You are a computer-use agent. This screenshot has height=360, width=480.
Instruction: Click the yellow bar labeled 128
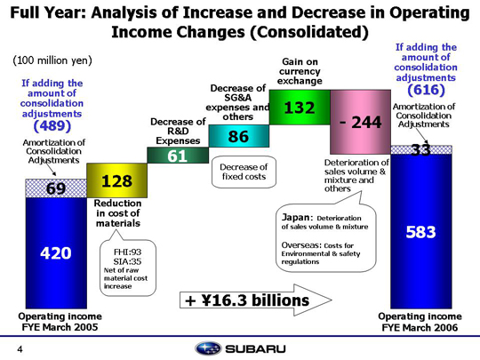(117, 180)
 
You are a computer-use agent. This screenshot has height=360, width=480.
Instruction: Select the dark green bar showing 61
(178, 156)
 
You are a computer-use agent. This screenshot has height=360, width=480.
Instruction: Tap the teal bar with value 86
(239, 136)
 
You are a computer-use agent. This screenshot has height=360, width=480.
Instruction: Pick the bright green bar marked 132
(300, 108)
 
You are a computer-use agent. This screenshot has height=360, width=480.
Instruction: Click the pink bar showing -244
(360, 122)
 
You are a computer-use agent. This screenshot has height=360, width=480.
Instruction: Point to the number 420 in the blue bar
(56, 253)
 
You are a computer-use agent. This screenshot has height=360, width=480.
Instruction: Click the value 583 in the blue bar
(420, 232)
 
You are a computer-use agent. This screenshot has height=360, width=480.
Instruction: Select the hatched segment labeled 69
(56, 188)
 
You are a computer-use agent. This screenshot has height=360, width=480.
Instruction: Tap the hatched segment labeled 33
(421, 150)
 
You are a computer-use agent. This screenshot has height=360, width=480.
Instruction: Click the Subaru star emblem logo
(208, 348)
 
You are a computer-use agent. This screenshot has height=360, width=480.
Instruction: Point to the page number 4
(20, 349)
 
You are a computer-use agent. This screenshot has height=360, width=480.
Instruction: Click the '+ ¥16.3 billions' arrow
(256, 300)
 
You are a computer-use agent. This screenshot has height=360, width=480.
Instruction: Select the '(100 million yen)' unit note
(52, 60)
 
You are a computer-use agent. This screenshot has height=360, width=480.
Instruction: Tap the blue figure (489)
(52, 125)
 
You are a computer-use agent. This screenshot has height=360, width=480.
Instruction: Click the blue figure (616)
(426, 90)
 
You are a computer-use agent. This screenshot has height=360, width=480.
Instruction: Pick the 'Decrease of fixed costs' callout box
(244, 172)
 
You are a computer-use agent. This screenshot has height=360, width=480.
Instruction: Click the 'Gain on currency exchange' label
(300, 71)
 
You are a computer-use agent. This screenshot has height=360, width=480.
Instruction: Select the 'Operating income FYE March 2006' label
(420, 322)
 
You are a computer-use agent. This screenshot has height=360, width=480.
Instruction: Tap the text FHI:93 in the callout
(128, 252)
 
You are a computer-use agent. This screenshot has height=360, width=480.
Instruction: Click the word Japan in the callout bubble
(295, 218)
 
